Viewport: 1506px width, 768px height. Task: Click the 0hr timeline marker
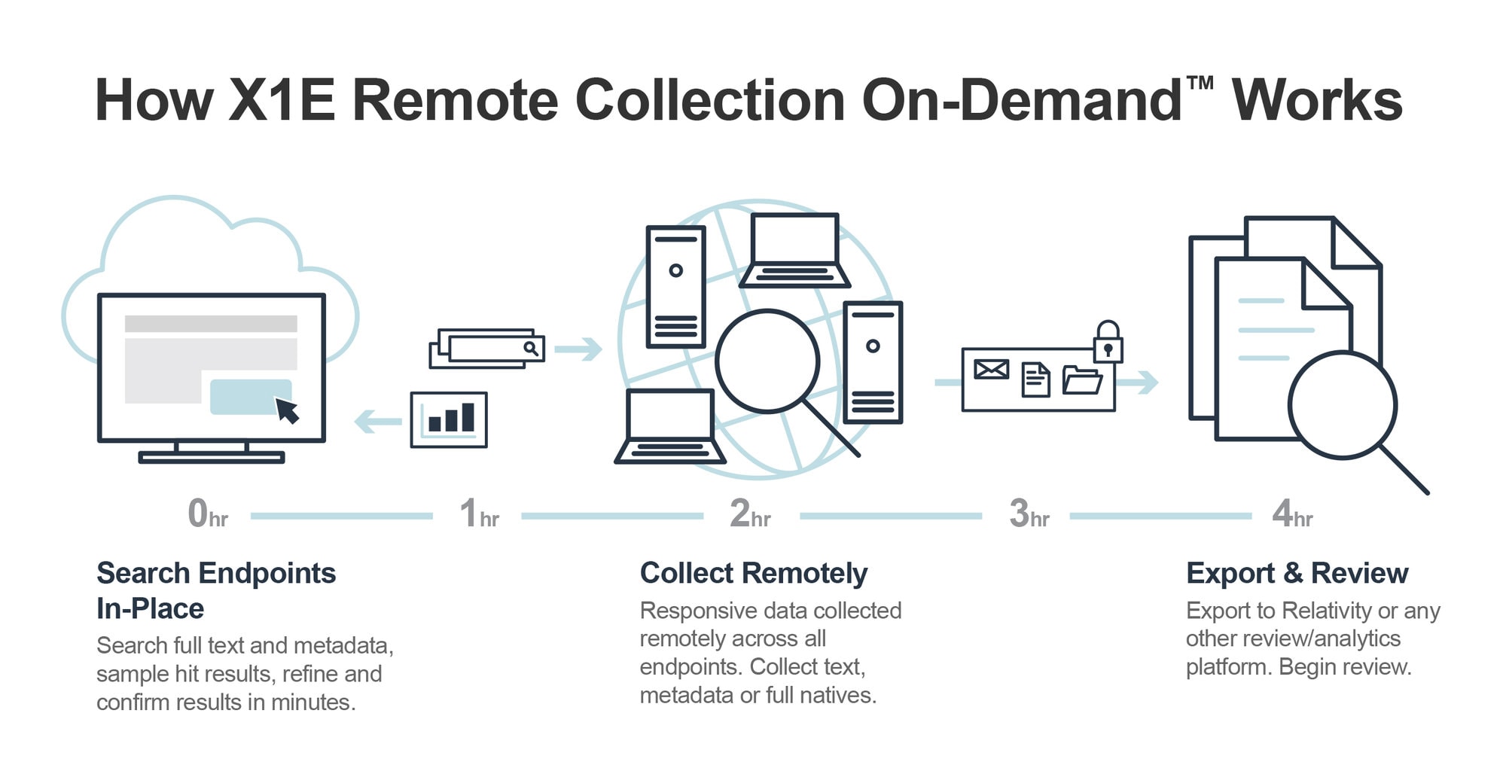(207, 514)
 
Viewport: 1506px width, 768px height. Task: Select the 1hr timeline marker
(479, 514)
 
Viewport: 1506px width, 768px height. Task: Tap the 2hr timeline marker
(750, 514)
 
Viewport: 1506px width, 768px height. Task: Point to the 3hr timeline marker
(1029, 514)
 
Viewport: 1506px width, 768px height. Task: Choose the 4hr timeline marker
(1292, 514)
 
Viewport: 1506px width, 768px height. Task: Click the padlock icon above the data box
(1108, 343)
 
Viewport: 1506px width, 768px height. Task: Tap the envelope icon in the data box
(991, 369)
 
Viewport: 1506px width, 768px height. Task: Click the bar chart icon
(449, 419)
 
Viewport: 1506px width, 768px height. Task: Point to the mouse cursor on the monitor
(287, 410)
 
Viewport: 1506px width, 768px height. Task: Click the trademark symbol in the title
(1200, 82)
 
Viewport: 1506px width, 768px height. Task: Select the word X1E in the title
(282, 100)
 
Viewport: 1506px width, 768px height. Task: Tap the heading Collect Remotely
(753, 573)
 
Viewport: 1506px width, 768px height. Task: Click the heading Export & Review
(1297, 573)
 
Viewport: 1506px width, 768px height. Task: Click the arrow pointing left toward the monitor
(378, 421)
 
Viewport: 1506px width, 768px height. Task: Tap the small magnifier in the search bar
(531, 348)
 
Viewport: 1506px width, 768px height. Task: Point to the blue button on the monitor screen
(248, 396)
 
